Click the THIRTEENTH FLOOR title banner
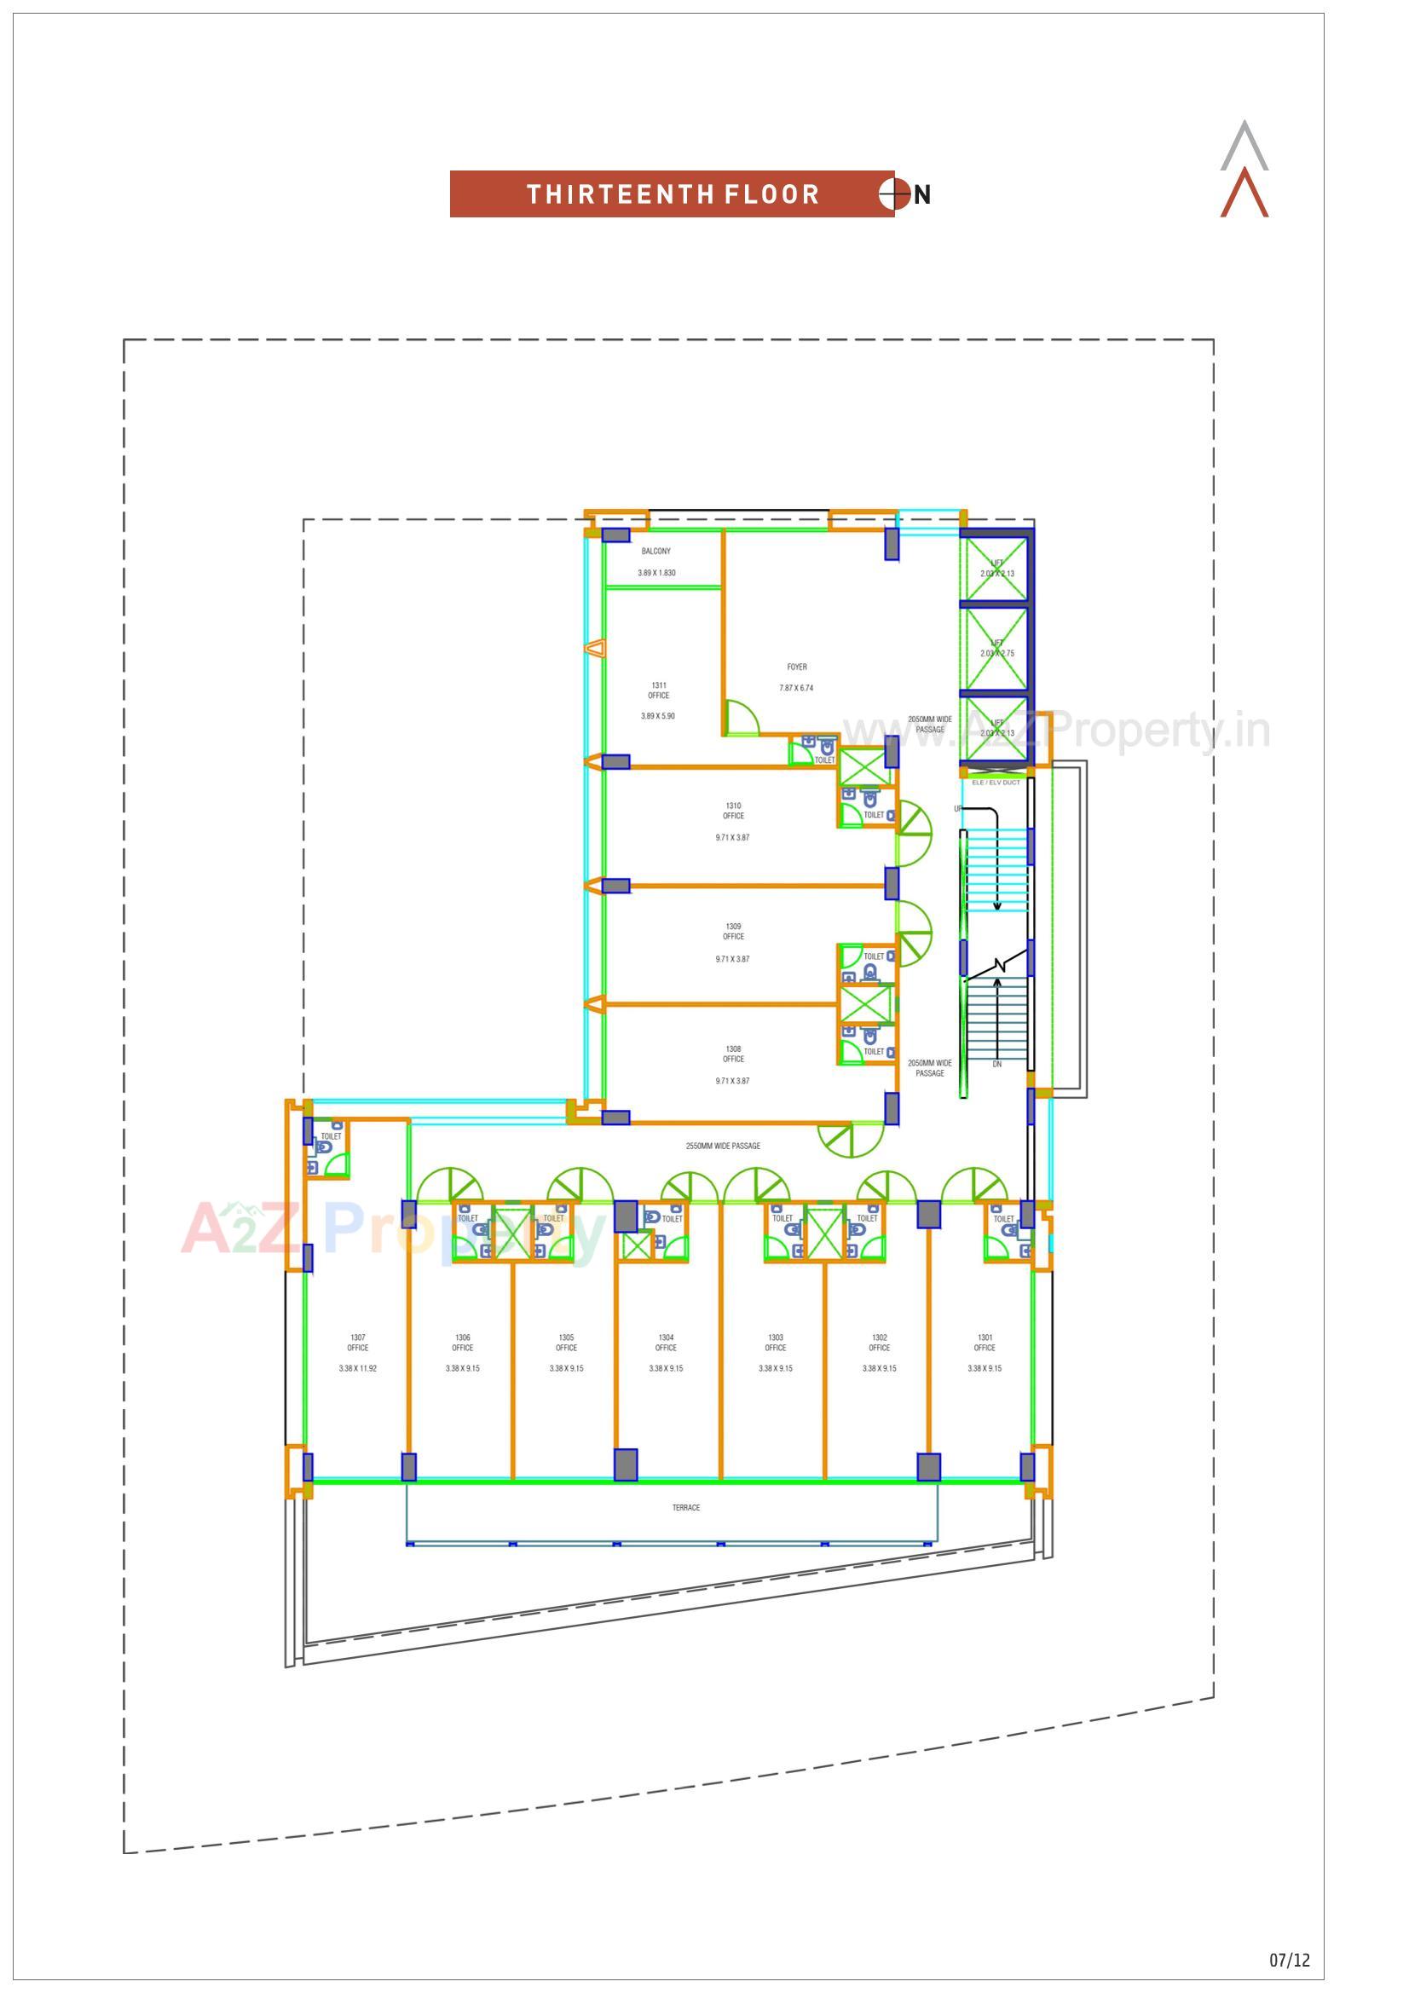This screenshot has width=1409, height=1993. tap(672, 194)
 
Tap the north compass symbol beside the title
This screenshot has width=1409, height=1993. tap(894, 194)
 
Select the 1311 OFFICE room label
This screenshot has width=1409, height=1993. tap(658, 690)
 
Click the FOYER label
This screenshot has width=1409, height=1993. tap(797, 667)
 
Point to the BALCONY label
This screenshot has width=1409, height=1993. tap(655, 552)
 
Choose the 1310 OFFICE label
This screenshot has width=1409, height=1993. tap(734, 811)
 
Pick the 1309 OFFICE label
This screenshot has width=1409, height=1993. tap(734, 932)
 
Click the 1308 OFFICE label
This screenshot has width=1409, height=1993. tap(734, 1054)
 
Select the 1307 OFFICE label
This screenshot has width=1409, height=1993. tap(358, 1343)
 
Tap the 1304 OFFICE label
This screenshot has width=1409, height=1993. tap(666, 1343)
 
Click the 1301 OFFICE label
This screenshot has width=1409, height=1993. tap(985, 1343)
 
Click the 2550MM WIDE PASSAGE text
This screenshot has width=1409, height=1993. tap(722, 1146)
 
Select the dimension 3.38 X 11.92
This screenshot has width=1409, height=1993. tap(358, 1368)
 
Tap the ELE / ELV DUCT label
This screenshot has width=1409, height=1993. tap(996, 782)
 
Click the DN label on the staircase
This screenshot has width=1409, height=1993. tap(996, 1064)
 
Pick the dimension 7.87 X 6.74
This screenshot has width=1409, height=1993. tap(796, 687)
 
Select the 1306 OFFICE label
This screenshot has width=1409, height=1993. tap(463, 1343)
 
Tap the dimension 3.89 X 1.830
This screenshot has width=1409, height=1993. tap(656, 573)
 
